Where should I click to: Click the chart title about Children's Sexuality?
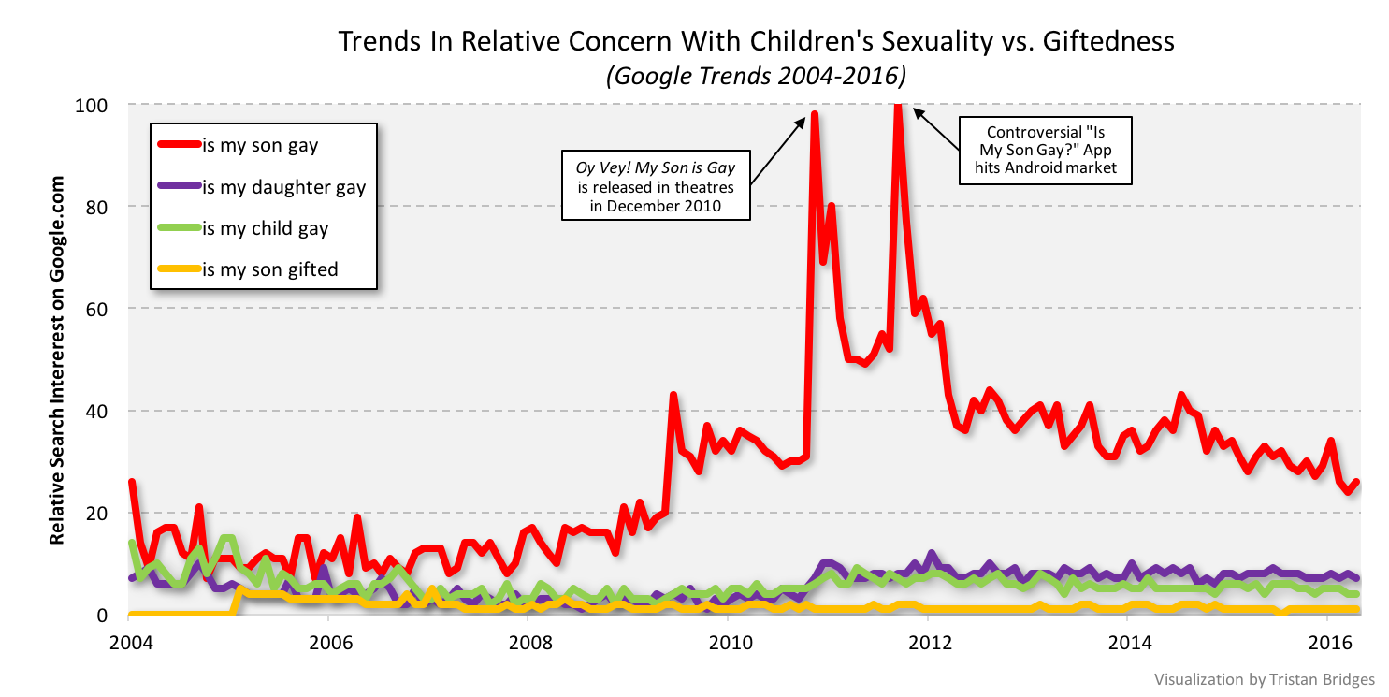(x=755, y=42)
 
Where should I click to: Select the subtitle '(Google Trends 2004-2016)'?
(x=756, y=75)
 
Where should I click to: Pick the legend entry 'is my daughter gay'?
(x=283, y=186)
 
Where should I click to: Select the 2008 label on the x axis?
(x=528, y=644)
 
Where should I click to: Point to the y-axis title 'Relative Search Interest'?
(x=58, y=359)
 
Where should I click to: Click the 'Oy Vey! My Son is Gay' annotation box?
(x=656, y=184)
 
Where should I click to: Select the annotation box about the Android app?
(x=1046, y=149)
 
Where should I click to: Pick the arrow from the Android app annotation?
(x=936, y=128)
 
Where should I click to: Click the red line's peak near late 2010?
(x=814, y=114)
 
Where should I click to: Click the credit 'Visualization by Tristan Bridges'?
(x=1263, y=678)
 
